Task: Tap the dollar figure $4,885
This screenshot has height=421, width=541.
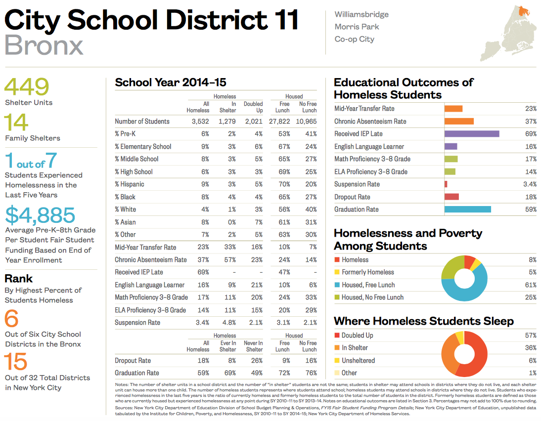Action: point(40,215)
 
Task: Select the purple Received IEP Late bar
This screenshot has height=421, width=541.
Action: point(471,134)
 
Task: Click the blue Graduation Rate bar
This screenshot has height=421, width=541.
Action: point(467,210)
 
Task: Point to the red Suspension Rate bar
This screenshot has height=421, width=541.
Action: point(446,184)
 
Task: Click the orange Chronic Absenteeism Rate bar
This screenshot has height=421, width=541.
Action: point(459,121)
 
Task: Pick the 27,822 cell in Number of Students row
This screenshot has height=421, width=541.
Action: point(280,122)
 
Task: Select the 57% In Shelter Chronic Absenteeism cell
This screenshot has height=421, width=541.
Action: point(229,260)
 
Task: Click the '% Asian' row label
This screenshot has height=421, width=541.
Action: point(125,222)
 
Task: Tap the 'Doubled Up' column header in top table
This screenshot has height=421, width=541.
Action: point(253,107)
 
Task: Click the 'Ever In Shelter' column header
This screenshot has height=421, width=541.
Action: point(227,346)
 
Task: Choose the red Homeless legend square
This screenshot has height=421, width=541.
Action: point(337,260)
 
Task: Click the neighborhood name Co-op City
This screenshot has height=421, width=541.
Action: point(354,40)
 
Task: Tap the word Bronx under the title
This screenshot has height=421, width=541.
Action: point(44,45)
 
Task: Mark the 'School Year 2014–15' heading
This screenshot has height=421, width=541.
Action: point(171,83)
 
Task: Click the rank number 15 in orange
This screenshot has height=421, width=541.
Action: point(16,362)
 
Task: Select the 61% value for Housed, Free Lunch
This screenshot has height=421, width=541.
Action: point(531,285)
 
